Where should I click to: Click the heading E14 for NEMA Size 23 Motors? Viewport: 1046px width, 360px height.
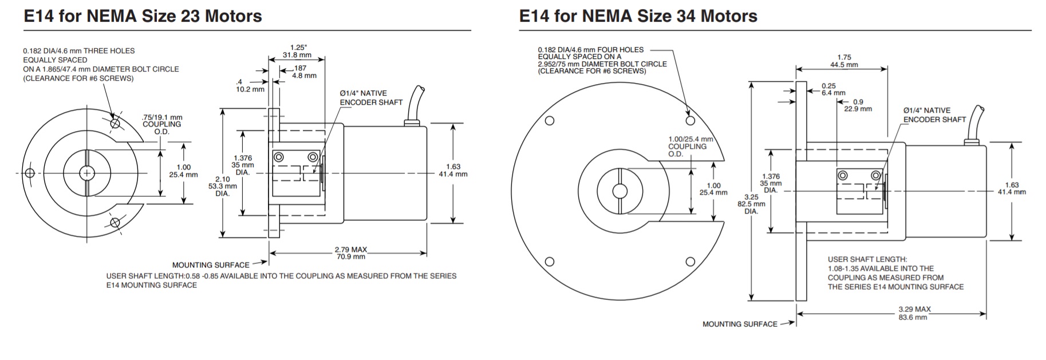click(143, 16)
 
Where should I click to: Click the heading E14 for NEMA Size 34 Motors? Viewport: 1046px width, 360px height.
click(638, 16)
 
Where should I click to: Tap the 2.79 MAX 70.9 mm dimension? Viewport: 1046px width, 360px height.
click(350, 253)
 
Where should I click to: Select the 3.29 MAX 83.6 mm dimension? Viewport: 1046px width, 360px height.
click(914, 312)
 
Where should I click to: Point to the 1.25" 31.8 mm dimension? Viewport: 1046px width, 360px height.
click(297, 52)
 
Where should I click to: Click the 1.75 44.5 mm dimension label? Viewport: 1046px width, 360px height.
click(844, 61)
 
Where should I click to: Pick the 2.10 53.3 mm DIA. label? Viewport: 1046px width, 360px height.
click(222, 186)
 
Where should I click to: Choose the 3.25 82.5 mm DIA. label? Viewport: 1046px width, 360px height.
click(751, 204)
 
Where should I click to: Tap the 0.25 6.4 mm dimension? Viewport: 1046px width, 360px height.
click(832, 89)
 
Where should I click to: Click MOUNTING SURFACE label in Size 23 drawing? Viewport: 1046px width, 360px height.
click(211, 265)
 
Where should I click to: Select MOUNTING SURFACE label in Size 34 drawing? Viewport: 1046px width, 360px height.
click(740, 324)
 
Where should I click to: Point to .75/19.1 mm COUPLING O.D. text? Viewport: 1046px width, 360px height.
click(161, 124)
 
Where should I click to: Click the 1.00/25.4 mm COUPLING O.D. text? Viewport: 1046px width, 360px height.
click(690, 147)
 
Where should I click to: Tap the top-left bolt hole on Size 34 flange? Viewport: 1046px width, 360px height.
click(550, 121)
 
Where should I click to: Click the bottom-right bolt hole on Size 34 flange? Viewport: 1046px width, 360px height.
click(690, 262)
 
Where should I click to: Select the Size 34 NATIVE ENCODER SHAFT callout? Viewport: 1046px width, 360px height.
click(934, 115)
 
